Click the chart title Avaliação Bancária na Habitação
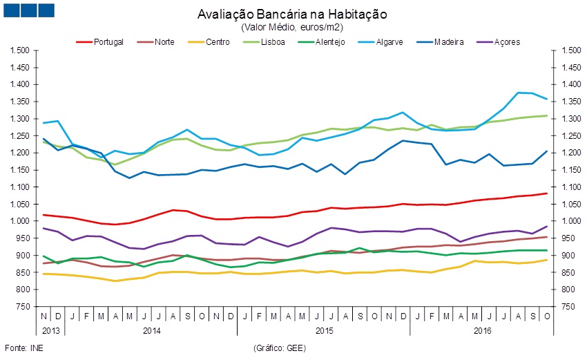(x=292, y=15)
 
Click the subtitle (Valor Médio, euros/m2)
(x=292, y=27)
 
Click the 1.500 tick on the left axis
(x=20, y=50)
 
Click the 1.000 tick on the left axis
(x=20, y=221)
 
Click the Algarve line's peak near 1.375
(x=517, y=93)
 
